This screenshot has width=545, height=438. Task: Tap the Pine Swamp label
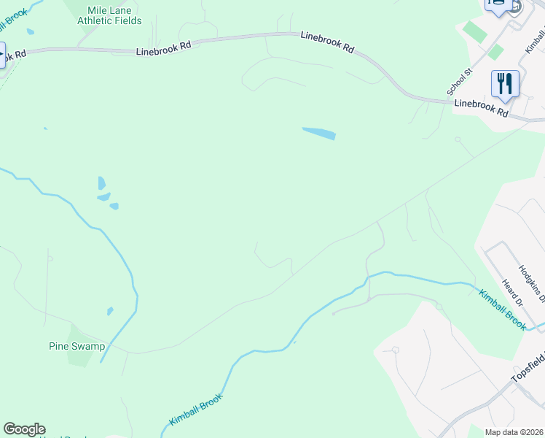tap(77, 346)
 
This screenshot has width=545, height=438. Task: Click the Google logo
tap(24, 429)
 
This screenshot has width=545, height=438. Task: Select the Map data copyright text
tap(514, 432)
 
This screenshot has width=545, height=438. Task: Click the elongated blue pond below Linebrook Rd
tap(319, 134)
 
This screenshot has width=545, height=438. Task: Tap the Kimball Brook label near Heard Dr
tap(502, 310)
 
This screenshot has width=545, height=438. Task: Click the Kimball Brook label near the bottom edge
tap(195, 410)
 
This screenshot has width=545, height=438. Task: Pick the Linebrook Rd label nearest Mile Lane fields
tap(163, 48)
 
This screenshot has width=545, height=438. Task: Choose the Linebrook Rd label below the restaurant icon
tap(481, 109)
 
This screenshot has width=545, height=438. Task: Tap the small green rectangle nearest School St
tap(495, 52)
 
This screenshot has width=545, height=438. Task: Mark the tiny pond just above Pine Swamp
tap(110, 311)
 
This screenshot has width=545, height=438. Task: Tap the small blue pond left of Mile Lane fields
tap(30, 32)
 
